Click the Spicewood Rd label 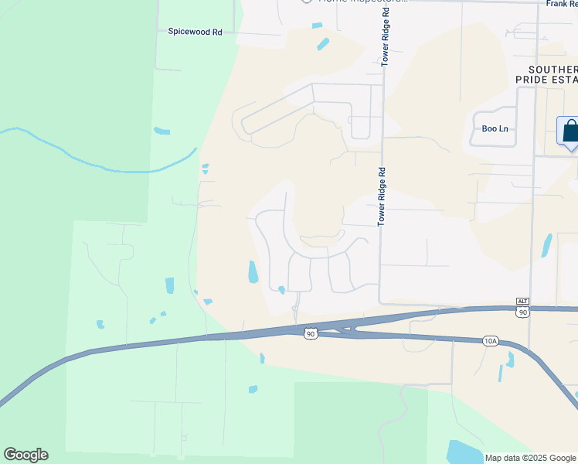(x=195, y=32)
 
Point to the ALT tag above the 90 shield (x=523, y=301)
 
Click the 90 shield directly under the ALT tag (x=523, y=312)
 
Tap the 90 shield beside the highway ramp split (x=311, y=333)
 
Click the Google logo (x=25, y=455)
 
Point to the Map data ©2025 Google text (x=529, y=458)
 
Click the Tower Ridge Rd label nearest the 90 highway (x=381, y=197)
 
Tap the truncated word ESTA (x=565, y=80)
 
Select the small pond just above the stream (x=161, y=131)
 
